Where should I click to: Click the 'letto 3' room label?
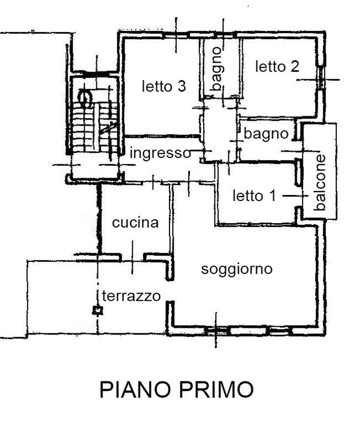tap(163, 86)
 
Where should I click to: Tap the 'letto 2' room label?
tap(277, 66)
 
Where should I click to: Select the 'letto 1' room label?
tap(254, 195)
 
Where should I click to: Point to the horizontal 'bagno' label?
tap(266, 133)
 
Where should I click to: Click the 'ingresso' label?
tap(160, 153)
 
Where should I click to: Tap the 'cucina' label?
tap(135, 223)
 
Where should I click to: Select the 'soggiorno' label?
tap(237, 269)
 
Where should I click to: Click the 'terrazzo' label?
tap(131, 296)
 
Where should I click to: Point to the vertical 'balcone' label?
tap(320, 182)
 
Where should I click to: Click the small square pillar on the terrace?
tap(97, 311)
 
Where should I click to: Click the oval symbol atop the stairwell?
tap(86, 99)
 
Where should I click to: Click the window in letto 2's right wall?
tap(323, 79)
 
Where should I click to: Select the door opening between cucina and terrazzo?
tap(132, 257)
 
